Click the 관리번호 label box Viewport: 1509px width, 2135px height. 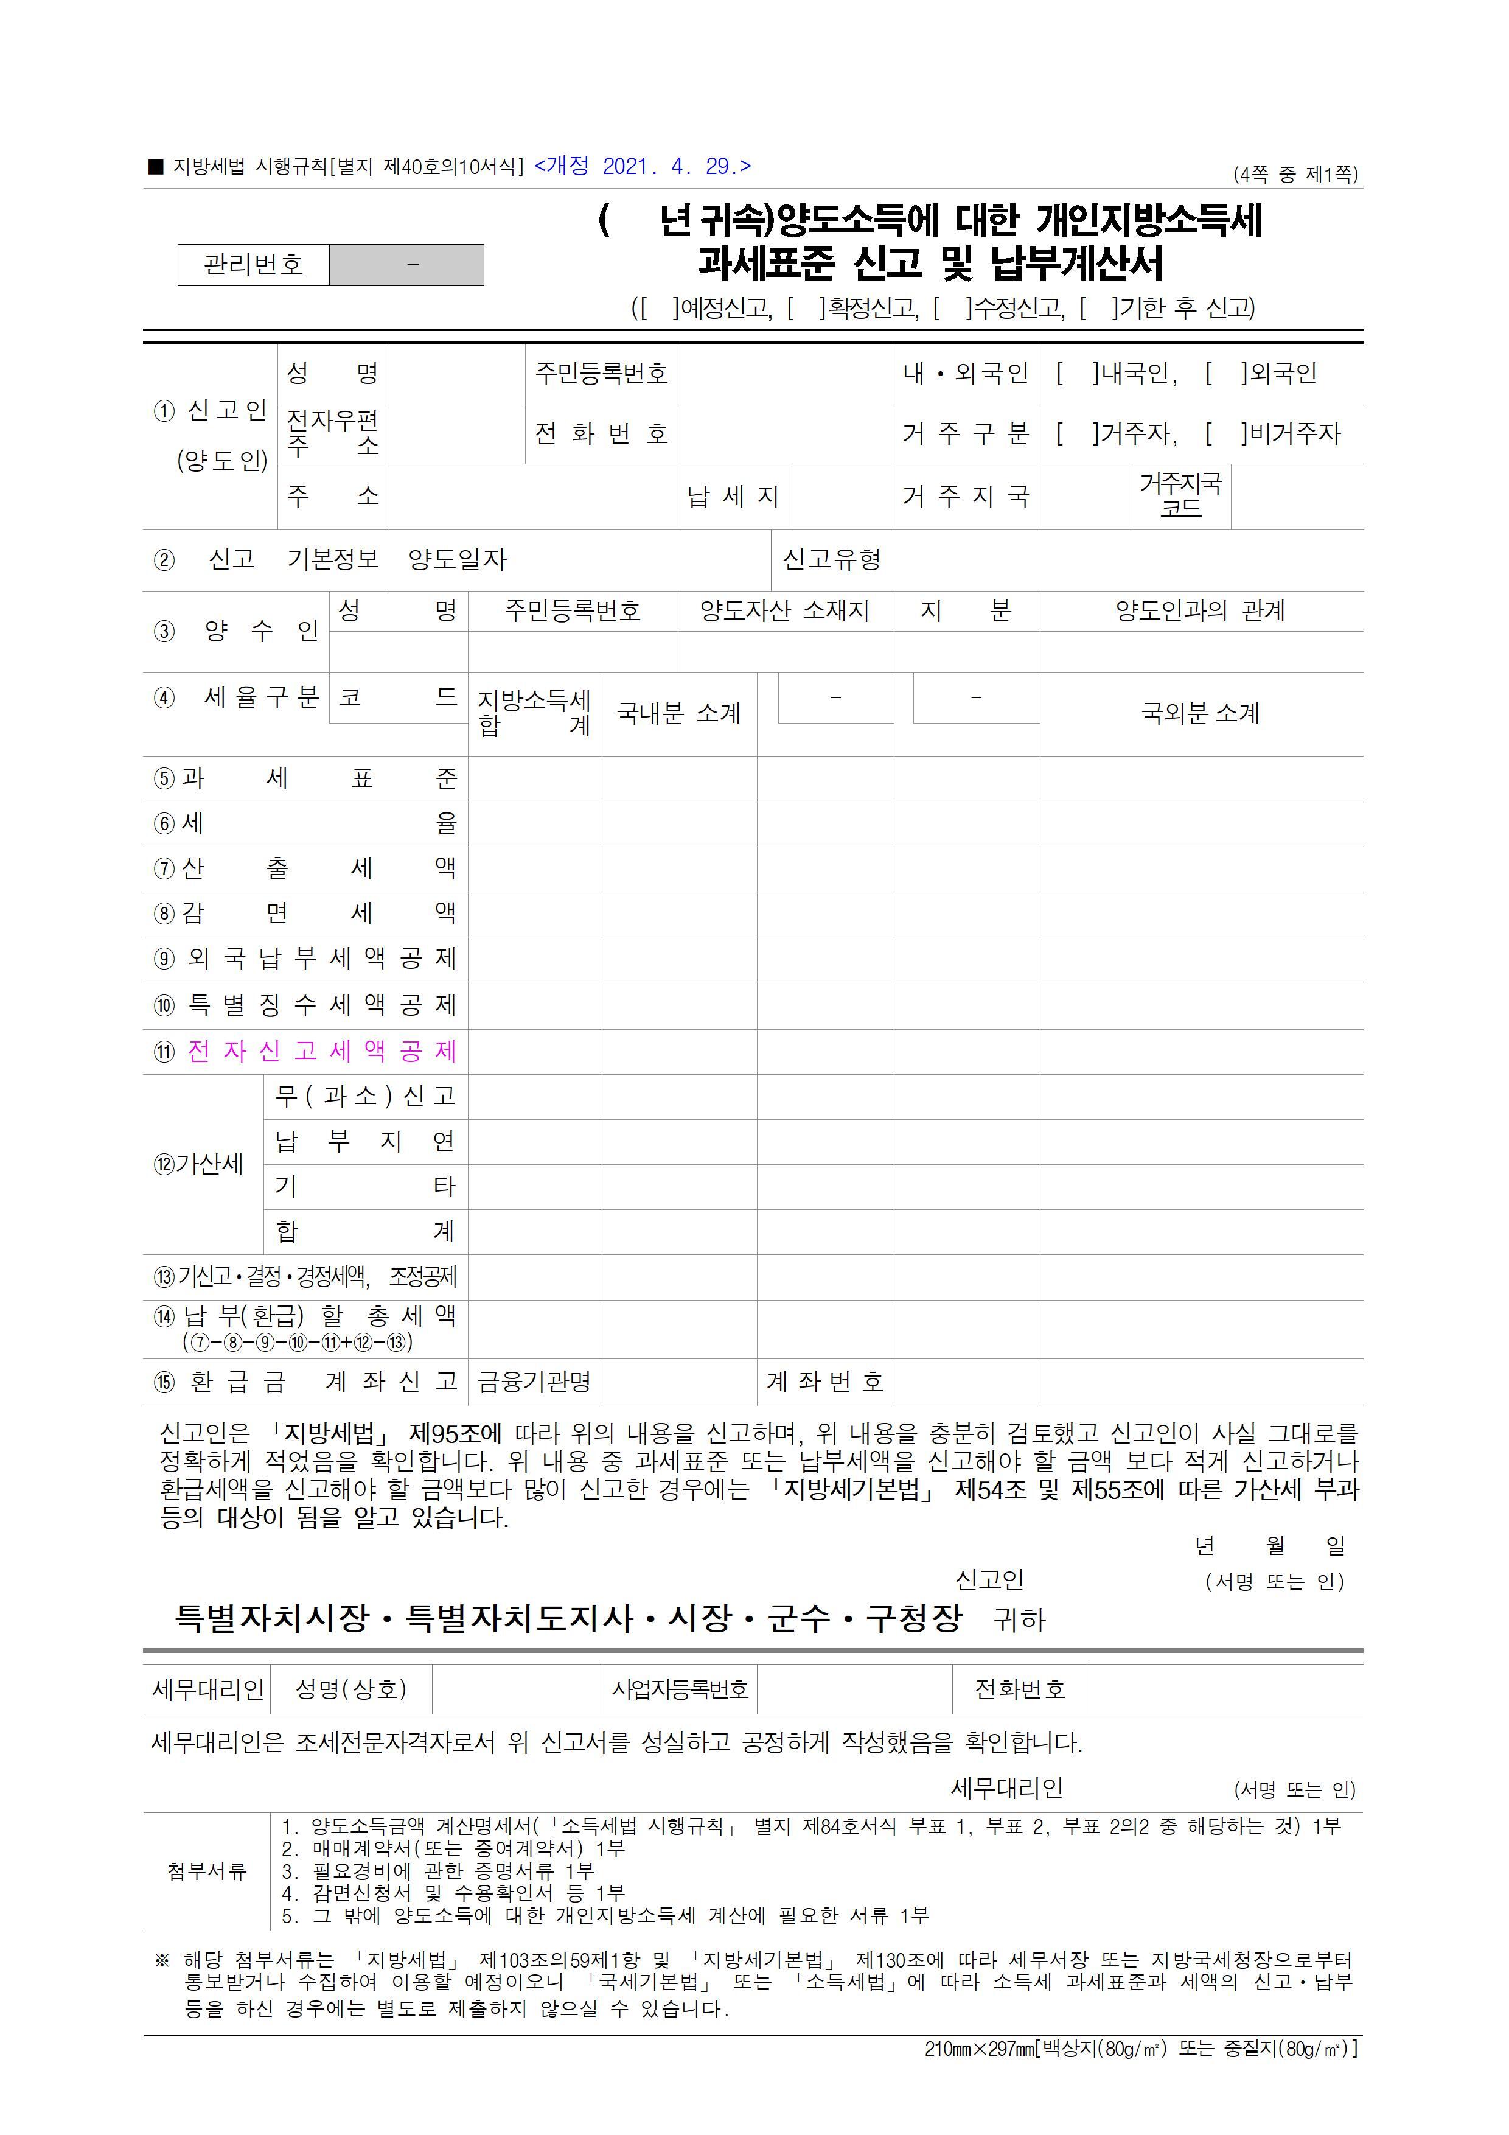tap(253, 265)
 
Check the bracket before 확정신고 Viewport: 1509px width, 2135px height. tap(805, 308)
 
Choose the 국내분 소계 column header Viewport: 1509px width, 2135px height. tap(678, 713)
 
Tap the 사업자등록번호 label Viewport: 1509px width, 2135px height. tap(680, 1689)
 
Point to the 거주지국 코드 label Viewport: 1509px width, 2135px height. tap(1181, 495)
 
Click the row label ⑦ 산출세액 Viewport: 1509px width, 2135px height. tap(305, 868)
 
